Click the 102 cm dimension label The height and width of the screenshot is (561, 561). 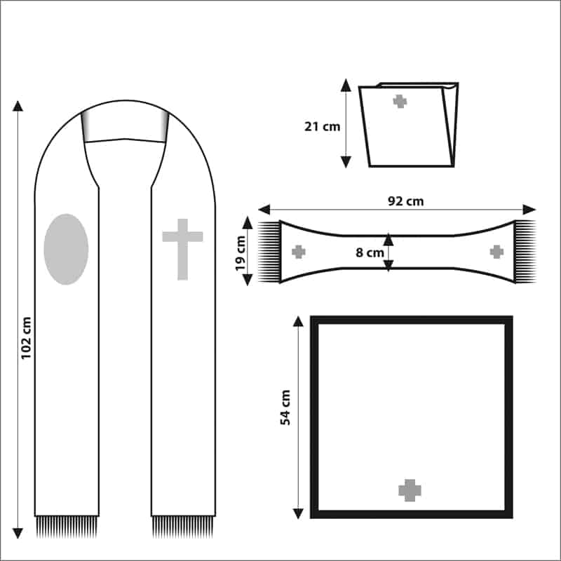click(x=27, y=338)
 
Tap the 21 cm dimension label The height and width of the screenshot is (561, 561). click(x=322, y=127)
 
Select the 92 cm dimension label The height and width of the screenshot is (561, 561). click(x=406, y=201)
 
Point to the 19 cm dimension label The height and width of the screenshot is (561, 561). click(x=241, y=253)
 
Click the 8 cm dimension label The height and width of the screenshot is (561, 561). click(x=370, y=252)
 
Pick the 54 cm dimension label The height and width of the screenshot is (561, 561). click(x=285, y=407)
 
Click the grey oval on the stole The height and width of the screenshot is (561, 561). click(x=66, y=250)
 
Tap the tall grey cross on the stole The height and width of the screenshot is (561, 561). click(x=182, y=249)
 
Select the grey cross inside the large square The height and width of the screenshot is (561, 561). click(x=410, y=490)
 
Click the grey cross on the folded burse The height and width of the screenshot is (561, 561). click(x=400, y=101)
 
